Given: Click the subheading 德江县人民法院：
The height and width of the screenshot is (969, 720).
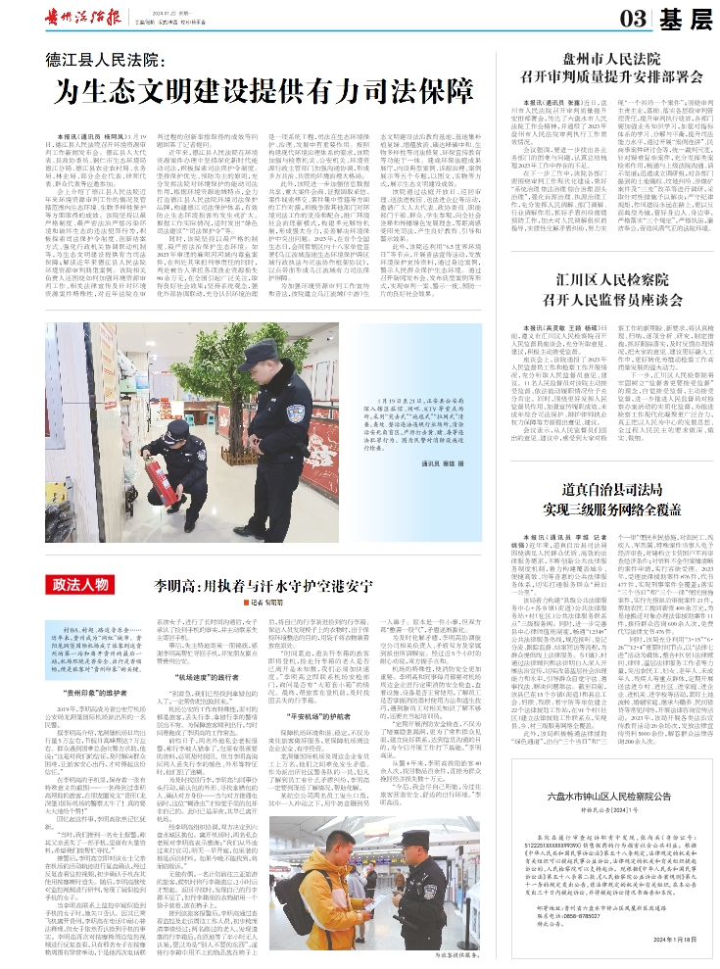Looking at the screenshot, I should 109,56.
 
